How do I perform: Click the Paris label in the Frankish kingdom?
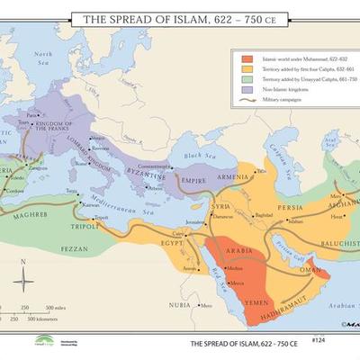(33, 116)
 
